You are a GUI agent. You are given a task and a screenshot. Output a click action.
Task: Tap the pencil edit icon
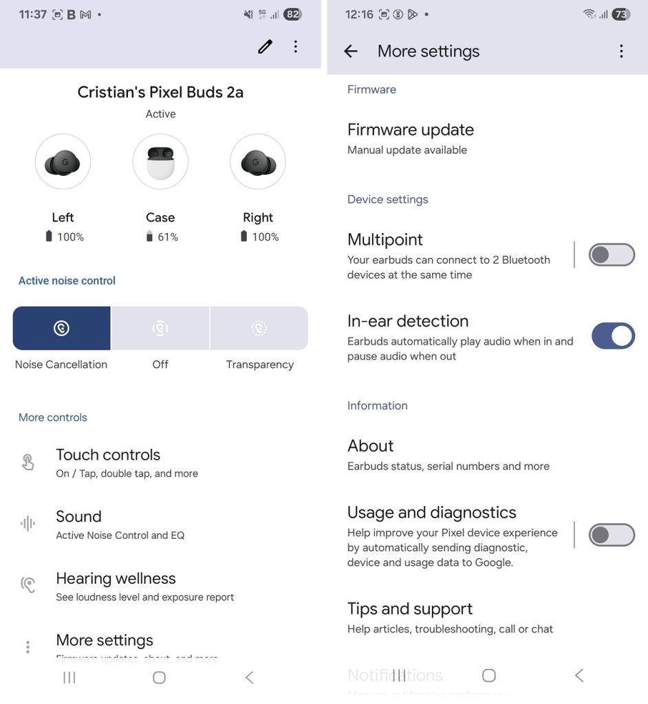(x=265, y=46)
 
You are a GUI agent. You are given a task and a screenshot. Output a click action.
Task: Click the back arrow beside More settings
(x=351, y=51)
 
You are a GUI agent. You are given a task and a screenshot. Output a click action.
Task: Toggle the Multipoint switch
(x=612, y=254)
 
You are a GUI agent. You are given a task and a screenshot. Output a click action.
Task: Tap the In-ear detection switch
(x=613, y=335)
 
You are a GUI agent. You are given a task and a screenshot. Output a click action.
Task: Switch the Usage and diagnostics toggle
(x=612, y=535)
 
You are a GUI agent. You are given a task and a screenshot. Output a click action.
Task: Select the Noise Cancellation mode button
(x=61, y=328)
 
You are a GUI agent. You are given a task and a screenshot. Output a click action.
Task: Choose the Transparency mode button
(x=259, y=328)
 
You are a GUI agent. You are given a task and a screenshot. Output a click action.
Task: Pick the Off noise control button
(x=160, y=328)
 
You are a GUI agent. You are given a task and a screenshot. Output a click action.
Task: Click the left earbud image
(x=63, y=162)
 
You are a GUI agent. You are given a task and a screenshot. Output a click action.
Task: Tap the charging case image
(x=160, y=162)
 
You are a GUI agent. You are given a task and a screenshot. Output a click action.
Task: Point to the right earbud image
(x=258, y=162)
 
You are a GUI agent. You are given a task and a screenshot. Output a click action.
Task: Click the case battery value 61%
(x=168, y=237)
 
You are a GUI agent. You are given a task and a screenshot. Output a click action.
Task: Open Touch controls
(x=108, y=455)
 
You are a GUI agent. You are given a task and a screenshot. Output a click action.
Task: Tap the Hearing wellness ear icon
(x=28, y=584)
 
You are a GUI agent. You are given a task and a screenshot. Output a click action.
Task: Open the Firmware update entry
(x=410, y=130)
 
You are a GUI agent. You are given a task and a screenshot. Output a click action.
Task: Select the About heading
(x=370, y=445)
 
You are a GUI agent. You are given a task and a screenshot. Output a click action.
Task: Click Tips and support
(x=410, y=609)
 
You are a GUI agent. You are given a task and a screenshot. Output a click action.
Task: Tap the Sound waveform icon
(x=28, y=523)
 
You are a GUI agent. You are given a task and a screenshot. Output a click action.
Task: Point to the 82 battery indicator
(x=292, y=14)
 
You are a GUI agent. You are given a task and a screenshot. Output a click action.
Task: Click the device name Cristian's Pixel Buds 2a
(x=160, y=92)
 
